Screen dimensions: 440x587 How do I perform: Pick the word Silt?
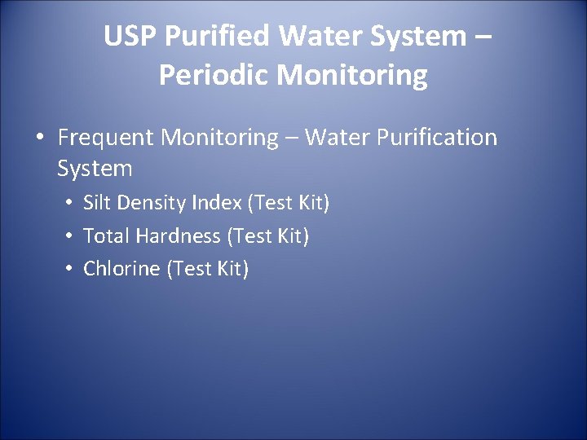(97, 203)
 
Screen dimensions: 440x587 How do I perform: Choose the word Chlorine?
(122, 269)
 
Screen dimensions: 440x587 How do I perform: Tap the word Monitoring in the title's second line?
(351, 75)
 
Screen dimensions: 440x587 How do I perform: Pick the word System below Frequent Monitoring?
(95, 169)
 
